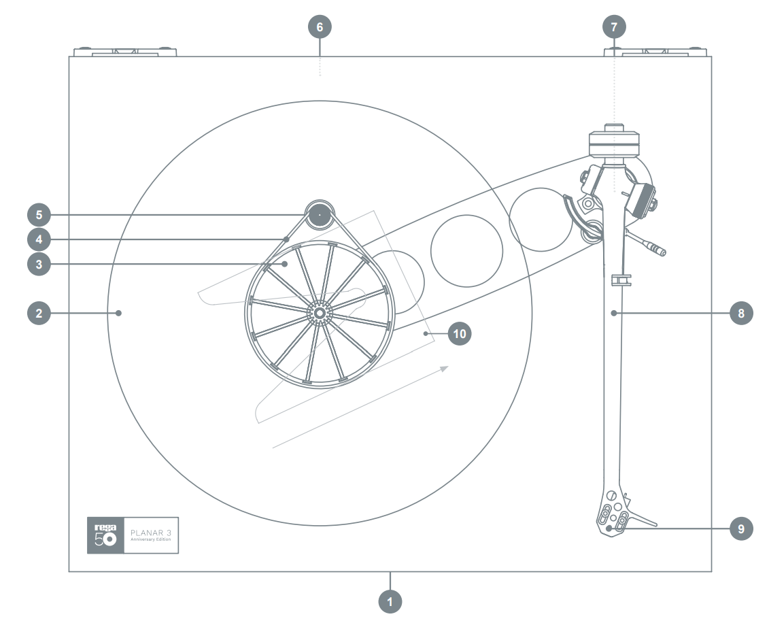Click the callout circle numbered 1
[390, 601]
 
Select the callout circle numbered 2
[39, 313]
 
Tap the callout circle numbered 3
[39, 264]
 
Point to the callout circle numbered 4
[39, 239]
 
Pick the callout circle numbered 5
[39, 215]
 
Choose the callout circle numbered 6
[320, 27]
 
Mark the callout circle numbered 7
[615, 27]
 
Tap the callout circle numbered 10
[460, 334]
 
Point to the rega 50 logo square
[105, 535]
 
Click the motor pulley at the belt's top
[319, 214]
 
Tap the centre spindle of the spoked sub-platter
[317, 312]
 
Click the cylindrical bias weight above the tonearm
[614, 144]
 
